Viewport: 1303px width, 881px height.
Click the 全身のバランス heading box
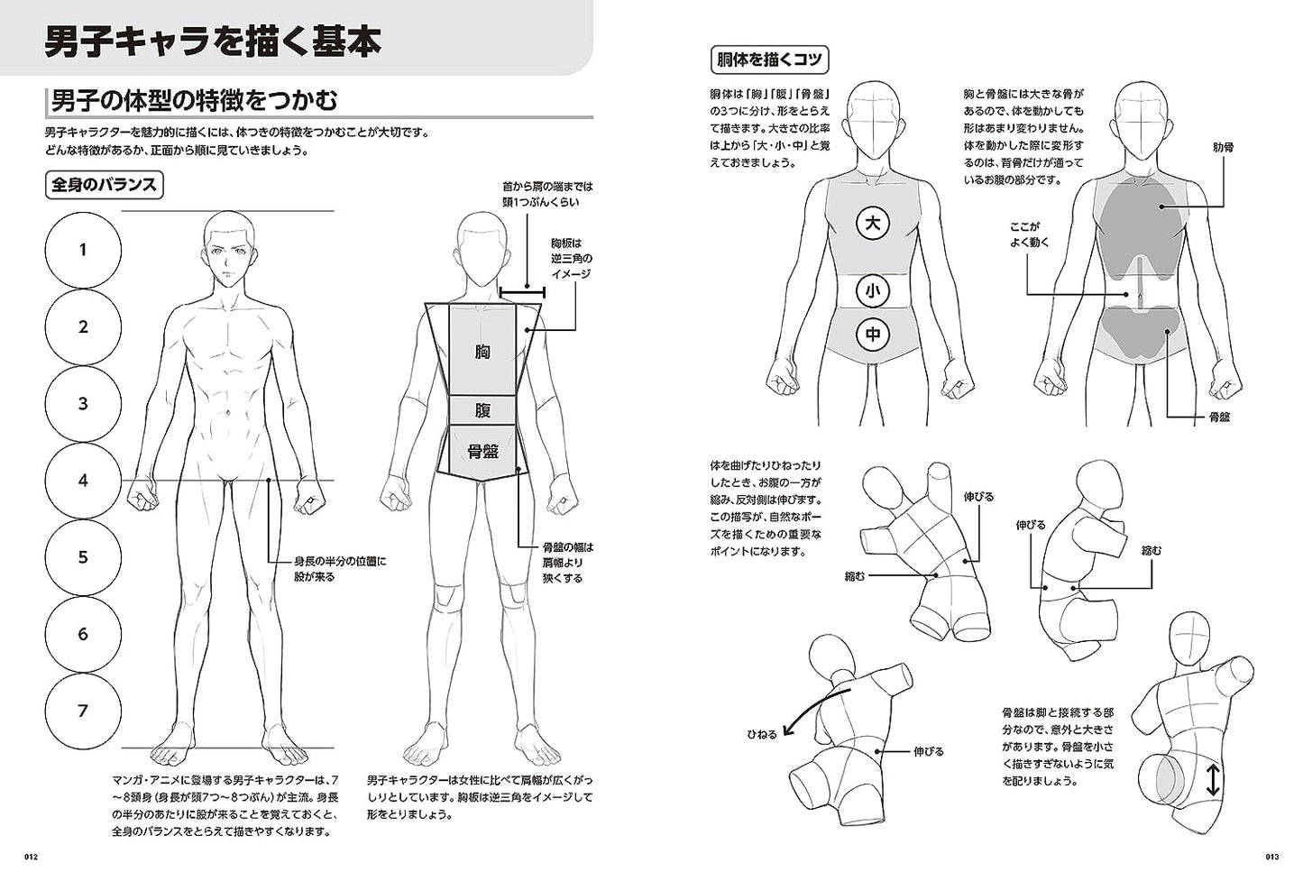104,185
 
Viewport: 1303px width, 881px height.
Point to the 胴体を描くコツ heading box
769,60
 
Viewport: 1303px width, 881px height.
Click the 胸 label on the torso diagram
482,352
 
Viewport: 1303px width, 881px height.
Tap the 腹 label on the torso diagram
482,410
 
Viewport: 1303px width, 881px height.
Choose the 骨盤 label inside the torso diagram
482,451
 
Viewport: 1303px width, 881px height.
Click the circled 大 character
873,224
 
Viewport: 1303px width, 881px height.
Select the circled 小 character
873,290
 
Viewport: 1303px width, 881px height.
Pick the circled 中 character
873,335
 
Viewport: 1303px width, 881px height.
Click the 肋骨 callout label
1224,148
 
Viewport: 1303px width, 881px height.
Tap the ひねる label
762,734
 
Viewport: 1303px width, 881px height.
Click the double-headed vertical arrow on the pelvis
1212,780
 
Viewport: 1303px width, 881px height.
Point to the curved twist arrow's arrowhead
787,731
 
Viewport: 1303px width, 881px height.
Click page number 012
31,857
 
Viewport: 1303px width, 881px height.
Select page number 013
1271,857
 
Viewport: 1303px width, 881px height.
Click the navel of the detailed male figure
228,414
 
